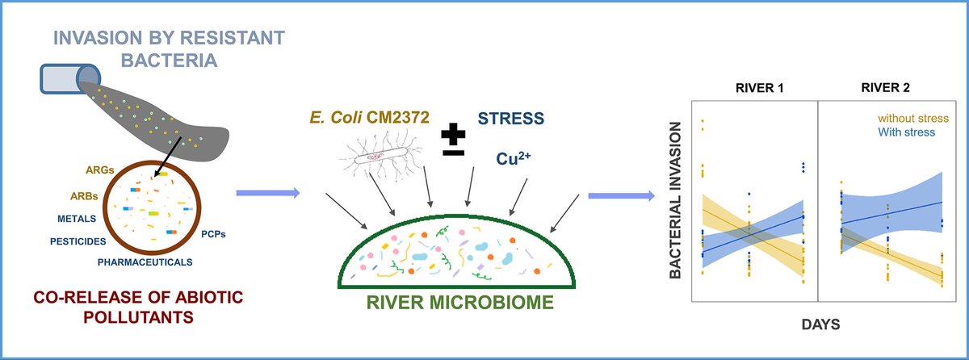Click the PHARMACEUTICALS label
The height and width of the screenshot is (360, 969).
145,262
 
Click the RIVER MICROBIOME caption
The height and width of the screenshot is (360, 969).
457,305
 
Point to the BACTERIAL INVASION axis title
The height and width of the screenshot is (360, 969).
675,201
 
